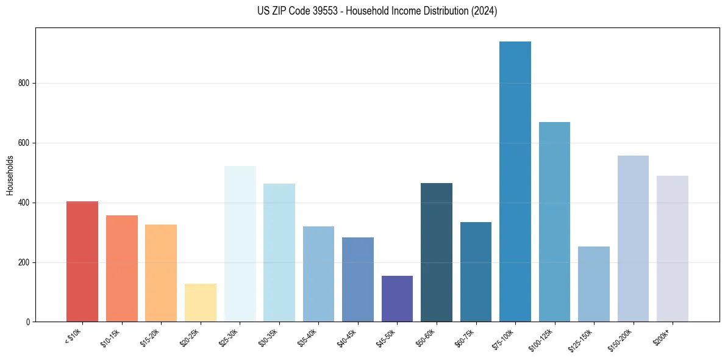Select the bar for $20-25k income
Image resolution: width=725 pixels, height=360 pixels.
[200, 303]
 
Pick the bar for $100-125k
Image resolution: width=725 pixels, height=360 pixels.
[554, 222]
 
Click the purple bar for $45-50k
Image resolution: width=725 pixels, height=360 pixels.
[397, 299]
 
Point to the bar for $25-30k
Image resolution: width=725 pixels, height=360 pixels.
[240, 244]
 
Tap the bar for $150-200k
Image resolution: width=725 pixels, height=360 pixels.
[633, 239]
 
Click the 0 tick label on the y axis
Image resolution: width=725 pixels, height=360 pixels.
[29, 322]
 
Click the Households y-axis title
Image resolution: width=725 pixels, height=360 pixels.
[10, 175]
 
